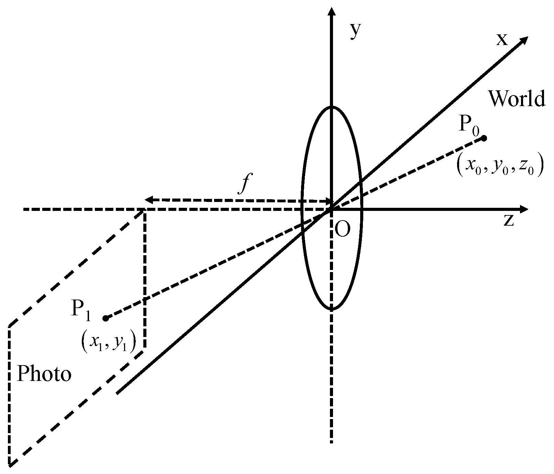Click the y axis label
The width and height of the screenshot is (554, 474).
tap(356, 31)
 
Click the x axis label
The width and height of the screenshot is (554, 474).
tap(502, 39)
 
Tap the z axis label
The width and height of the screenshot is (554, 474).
tap(509, 221)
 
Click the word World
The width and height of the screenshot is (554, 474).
tap(517, 99)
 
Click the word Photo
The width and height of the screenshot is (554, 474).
tap(44, 374)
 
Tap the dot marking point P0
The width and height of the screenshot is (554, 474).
tap(484, 138)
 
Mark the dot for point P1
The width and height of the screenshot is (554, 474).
tap(106, 318)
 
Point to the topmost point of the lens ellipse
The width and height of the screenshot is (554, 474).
tap(332, 107)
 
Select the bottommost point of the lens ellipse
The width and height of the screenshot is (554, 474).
tap(332, 310)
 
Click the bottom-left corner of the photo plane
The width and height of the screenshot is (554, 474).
tap(10, 465)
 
